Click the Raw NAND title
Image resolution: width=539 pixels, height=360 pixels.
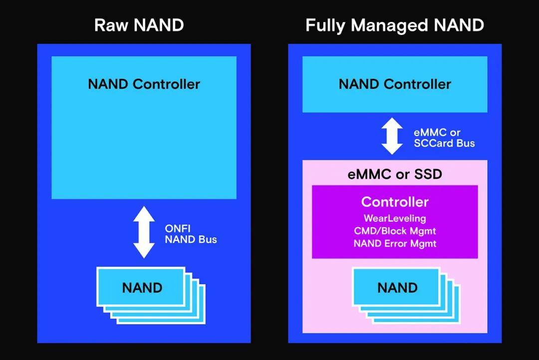coord(139,25)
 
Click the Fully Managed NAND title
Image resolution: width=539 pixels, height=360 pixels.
coord(394,25)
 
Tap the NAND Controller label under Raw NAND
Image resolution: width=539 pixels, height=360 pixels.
coord(144,84)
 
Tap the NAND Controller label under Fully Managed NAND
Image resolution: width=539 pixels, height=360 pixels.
coord(394,84)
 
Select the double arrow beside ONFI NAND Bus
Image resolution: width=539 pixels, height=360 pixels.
coord(144,232)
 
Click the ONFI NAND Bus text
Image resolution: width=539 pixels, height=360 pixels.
coord(191,234)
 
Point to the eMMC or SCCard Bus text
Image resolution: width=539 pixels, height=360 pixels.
coord(444,138)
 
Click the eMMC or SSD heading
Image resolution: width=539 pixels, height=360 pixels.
coord(394,175)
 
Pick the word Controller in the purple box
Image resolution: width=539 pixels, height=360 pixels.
coord(394,202)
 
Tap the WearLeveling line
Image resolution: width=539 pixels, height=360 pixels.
coord(394,218)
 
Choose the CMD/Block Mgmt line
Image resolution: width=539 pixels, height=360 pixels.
coord(394,231)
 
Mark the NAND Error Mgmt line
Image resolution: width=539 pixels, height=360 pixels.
coord(394,244)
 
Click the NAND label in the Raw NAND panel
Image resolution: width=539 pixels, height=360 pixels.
coord(142,288)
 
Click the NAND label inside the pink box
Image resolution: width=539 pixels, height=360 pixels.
coord(397,288)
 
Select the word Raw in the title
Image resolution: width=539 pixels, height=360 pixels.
coord(109,25)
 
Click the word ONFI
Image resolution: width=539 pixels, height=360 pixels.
coord(177,228)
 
